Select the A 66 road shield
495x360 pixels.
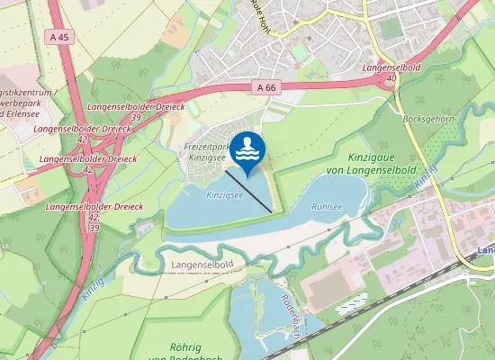(265, 87)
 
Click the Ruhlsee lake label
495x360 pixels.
(327, 206)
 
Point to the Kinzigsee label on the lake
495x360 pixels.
(225, 194)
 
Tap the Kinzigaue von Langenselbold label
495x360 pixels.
(370, 163)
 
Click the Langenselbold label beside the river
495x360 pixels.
(202, 264)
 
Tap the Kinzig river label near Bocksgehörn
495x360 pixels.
(425, 175)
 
